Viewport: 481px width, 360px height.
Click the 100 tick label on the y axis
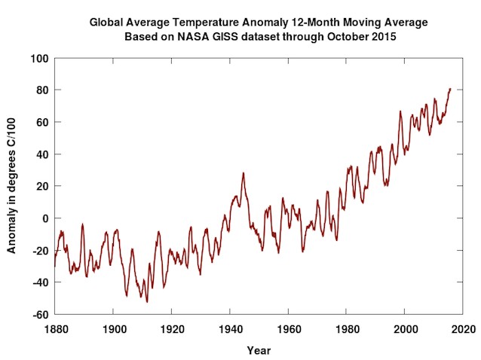[39, 58]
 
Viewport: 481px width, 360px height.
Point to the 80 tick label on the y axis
[42, 90]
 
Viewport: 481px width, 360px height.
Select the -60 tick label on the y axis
[40, 315]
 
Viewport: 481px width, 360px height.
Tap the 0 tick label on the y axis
[45, 218]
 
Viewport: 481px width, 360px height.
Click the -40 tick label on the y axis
[40, 282]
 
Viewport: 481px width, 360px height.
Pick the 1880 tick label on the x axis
[55, 330]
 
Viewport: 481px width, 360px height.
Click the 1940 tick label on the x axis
[229, 330]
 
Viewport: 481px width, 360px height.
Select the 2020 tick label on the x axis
[463, 330]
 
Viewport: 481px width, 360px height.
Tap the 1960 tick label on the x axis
[288, 330]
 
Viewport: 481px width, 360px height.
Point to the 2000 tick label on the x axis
[405, 330]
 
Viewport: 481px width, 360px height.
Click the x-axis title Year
[259, 350]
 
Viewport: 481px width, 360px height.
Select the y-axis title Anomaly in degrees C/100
[12, 186]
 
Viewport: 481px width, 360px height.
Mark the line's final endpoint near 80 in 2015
[450, 89]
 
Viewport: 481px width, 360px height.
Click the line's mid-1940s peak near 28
[243, 172]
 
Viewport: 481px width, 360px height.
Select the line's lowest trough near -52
[147, 302]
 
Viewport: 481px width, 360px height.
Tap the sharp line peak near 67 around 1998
[400, 111]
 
